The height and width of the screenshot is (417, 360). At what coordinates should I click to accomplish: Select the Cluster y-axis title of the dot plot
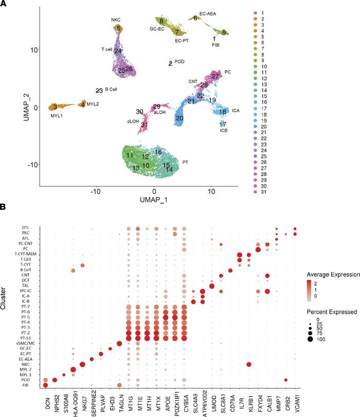coord(6,296)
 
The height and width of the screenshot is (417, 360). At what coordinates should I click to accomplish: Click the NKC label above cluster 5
coord(116,20)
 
